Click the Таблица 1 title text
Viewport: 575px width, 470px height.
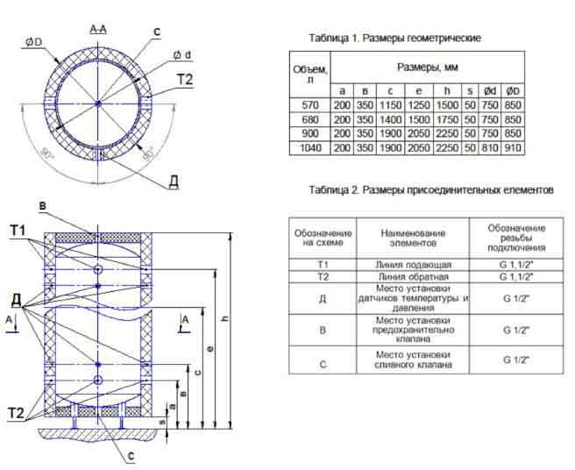click(x=395, y=39)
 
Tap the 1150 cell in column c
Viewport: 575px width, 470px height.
click(x=388, y=105)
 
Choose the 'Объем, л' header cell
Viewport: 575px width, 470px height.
click(x=311, y=74)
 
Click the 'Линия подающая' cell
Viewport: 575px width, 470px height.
click(x=413, y=263)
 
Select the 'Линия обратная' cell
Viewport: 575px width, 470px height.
click(x=413, y=276)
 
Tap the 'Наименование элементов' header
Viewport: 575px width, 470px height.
click(x=413, y=237)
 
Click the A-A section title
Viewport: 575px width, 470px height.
click(x=98, y=30)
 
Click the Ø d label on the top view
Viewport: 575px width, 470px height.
click(x=182, y=55)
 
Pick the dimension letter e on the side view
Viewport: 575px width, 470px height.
click(x=210, y=348)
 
